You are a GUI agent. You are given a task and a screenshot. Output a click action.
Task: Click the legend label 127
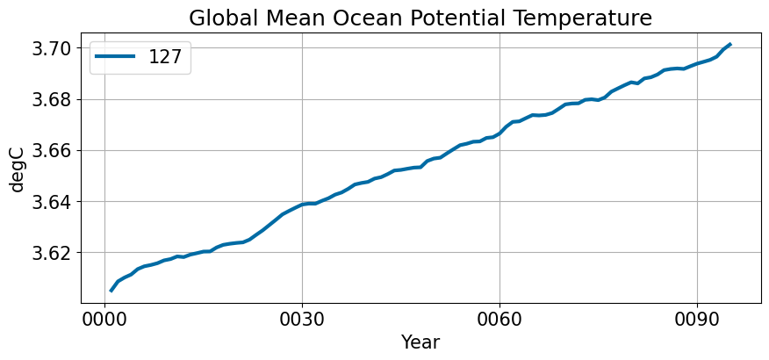(165, 57)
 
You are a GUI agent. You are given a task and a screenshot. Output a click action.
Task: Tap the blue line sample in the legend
(115, 57)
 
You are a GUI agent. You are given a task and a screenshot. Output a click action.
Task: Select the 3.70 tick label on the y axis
(52, 48)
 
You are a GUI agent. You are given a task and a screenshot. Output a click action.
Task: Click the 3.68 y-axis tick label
(52, 99)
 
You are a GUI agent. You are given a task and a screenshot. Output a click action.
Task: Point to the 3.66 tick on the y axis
(52, 150)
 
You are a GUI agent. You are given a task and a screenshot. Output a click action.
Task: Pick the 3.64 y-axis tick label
(52, 202)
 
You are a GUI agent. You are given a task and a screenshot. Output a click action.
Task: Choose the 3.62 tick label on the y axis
(52, 253)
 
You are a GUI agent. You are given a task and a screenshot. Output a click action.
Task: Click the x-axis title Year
(420, 342)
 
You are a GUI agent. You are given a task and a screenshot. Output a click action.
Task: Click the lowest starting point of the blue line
(111, 292)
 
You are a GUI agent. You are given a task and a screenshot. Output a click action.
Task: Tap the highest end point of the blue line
(730, 44)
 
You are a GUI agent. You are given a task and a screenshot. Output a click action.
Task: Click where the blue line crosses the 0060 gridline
(499, 133)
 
